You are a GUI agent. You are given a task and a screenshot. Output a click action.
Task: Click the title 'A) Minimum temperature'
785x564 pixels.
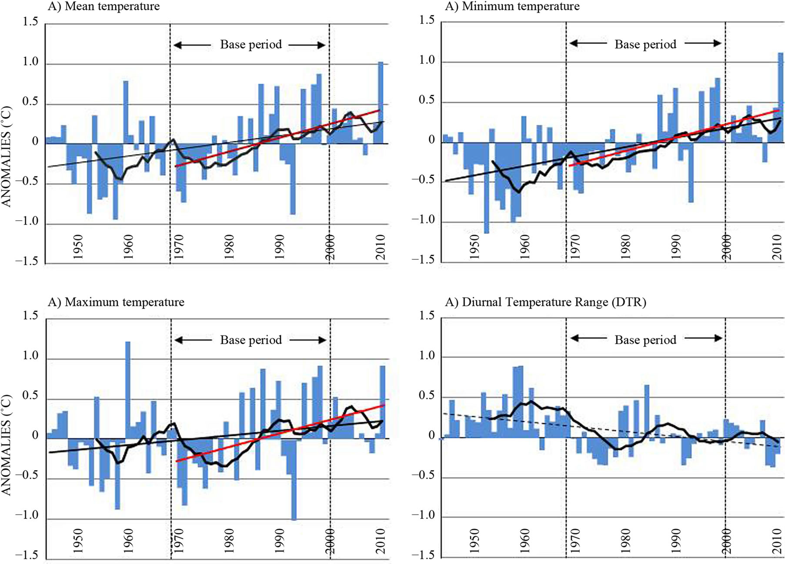(x=512, y=7)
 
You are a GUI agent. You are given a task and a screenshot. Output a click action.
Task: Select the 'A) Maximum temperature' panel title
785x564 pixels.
(x=116, y=302)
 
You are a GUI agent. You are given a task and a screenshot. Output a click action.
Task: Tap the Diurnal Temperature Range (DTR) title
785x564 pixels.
(x=545, y=302)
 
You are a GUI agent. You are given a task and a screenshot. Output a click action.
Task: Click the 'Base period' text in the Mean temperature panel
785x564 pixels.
(x=251, y=45)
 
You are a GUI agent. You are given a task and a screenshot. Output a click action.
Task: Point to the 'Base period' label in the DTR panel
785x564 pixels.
(x=645, y=340)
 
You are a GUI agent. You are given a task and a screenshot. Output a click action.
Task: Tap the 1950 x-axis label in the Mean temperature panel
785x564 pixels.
(x=78, y=246)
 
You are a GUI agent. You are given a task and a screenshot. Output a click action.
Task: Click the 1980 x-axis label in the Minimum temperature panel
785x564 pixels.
(x=625, y=246)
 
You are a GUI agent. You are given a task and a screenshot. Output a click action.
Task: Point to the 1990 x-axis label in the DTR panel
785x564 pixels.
(x=675, y=541)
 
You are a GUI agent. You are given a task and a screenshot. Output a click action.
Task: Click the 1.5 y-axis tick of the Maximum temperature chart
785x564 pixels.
(x=30, y=315)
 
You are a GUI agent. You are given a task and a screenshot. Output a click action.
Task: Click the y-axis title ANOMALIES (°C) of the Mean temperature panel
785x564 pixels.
(x=6, y=156)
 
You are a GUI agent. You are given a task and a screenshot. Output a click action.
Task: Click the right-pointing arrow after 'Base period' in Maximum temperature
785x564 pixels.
(x=307, y=340)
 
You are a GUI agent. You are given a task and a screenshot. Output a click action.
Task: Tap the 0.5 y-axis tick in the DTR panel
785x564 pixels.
(x=427, y=396)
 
